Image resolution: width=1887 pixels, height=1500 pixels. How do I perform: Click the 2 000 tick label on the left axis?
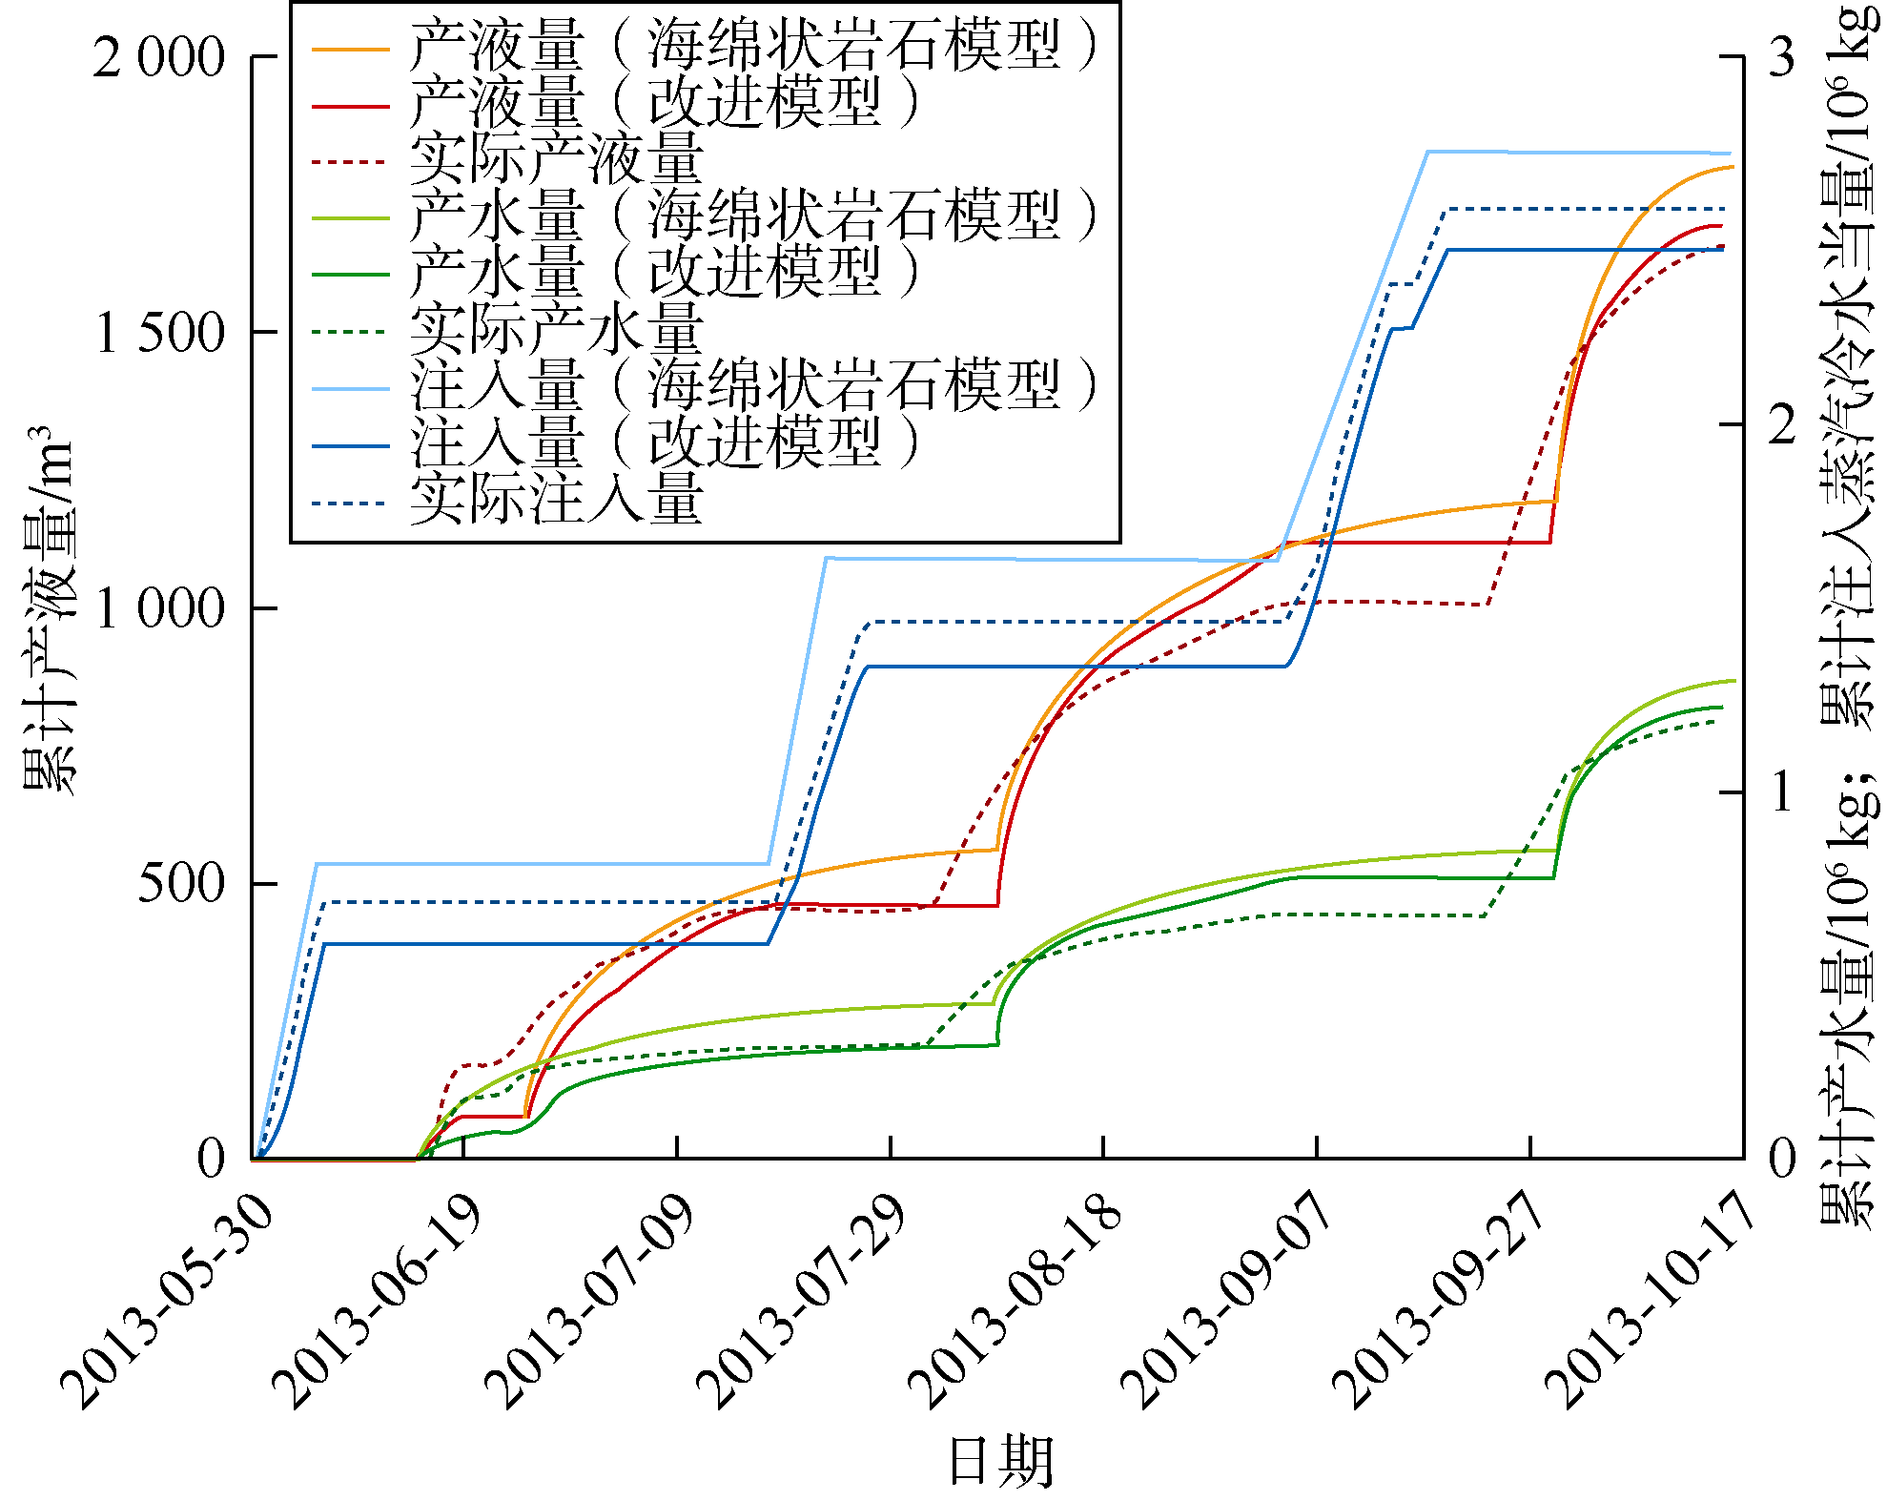pyautogui.click(x=158, y=57)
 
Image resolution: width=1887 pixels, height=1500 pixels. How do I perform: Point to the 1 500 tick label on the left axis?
pyautogui.click(x=160, y=333)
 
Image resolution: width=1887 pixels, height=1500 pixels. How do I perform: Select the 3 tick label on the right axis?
pyautogui.click(x=1781, y=57)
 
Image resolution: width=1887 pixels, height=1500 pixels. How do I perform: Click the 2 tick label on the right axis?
pyautogui.click(x=1781, y=424)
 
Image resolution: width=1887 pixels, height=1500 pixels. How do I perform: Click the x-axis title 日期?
pyautogui.click(x=1000, y=1460)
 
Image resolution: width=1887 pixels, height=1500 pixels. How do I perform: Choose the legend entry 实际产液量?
pyautogui.click(x=557, y=159)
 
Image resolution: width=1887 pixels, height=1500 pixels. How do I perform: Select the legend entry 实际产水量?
pyautogui.click(x=557, y=330)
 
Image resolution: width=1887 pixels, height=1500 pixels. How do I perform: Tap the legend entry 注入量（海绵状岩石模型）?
pyautogui.click(x=753, y=386)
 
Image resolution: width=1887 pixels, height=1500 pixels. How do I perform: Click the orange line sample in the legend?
pyautogui.click(x=351, y=48)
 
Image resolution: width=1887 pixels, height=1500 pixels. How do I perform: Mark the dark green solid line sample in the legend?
pyautogui.click(x=351, y=275)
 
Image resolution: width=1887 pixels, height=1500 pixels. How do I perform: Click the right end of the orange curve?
pyautogui.click(x=1732, y=167)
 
